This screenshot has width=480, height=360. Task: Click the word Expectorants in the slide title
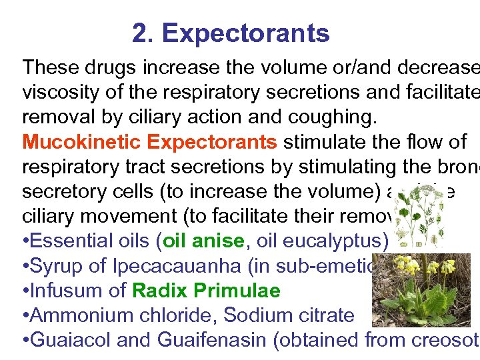245,33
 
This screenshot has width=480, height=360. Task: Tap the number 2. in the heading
143,33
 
